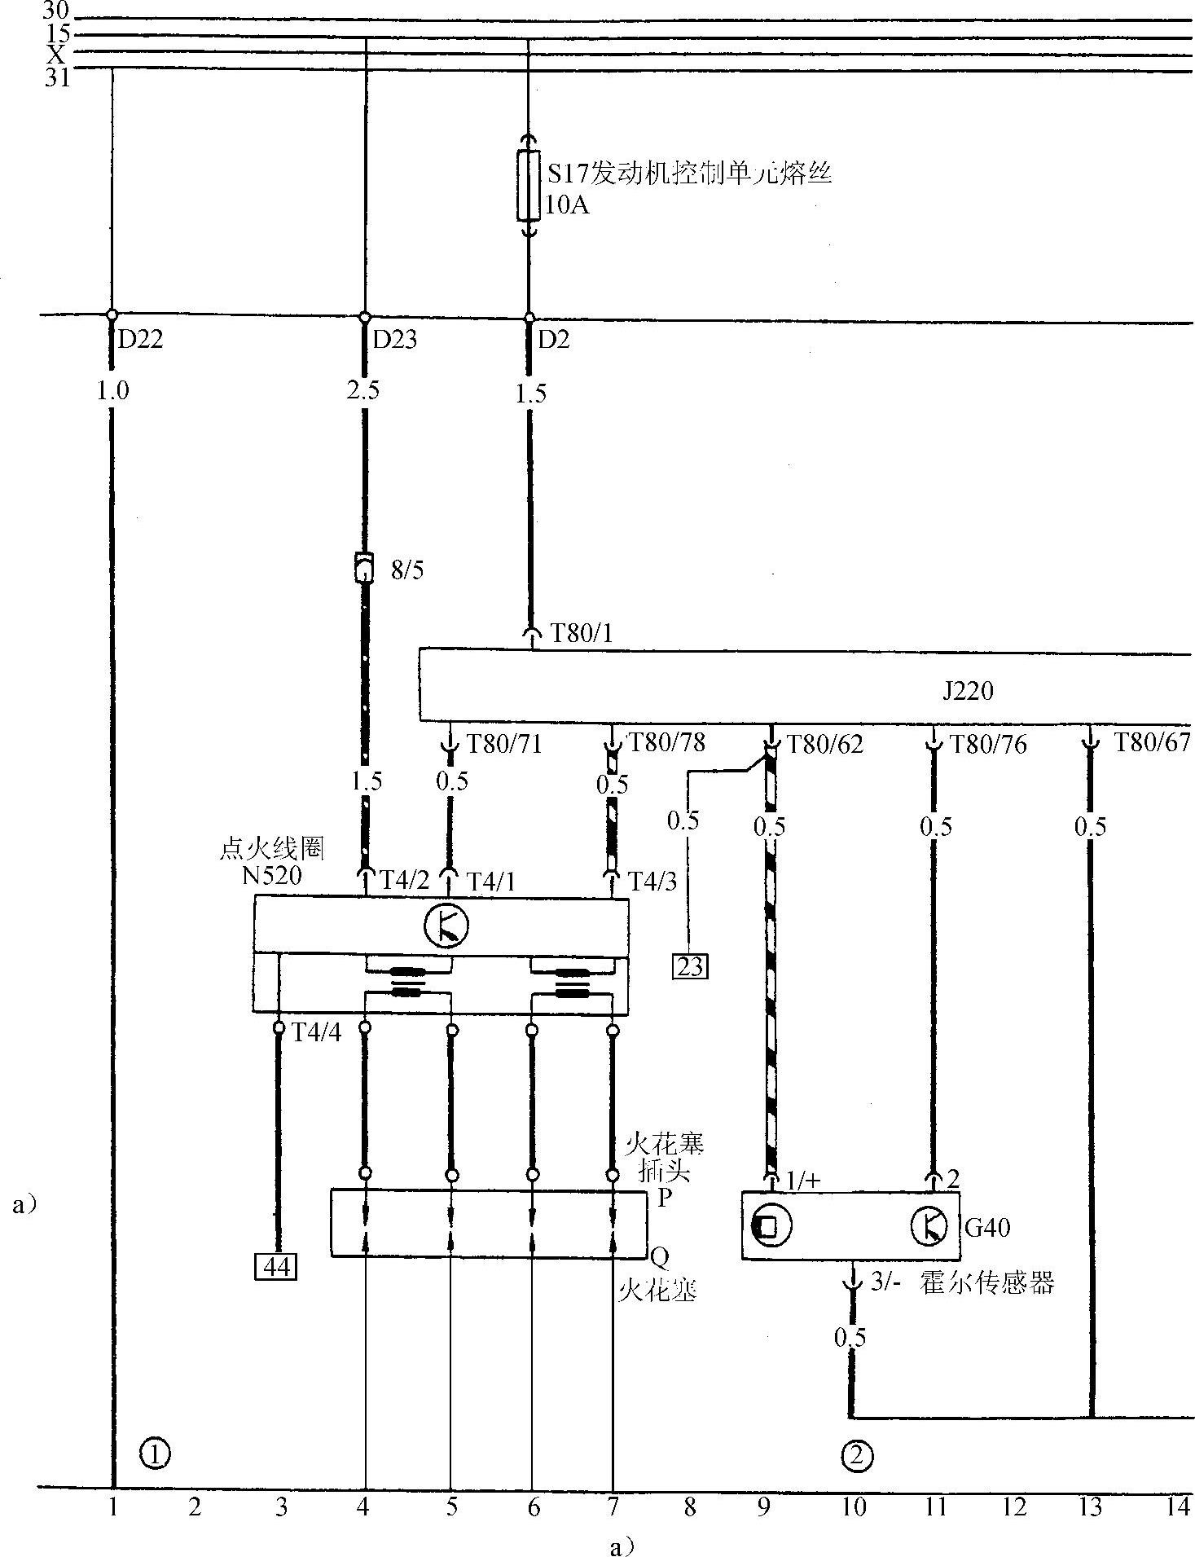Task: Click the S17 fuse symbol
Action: point(529,186)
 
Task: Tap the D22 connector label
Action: point(140,339)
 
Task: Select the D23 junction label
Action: point(394,339)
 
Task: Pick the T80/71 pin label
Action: point(503,743)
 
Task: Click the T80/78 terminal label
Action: point(666,741)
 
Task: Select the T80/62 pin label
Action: point(824,743)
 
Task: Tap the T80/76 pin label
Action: point(988,743)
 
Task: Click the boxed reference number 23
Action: point(689,966)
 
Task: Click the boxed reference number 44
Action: point(275,1267)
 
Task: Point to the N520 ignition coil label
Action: point(271,876)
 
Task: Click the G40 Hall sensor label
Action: point(987,1226)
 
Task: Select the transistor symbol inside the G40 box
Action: point(928,1226)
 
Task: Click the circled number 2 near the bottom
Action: point(855,1455)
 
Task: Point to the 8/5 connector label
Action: point(407,570)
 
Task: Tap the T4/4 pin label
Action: point(317,1032)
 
